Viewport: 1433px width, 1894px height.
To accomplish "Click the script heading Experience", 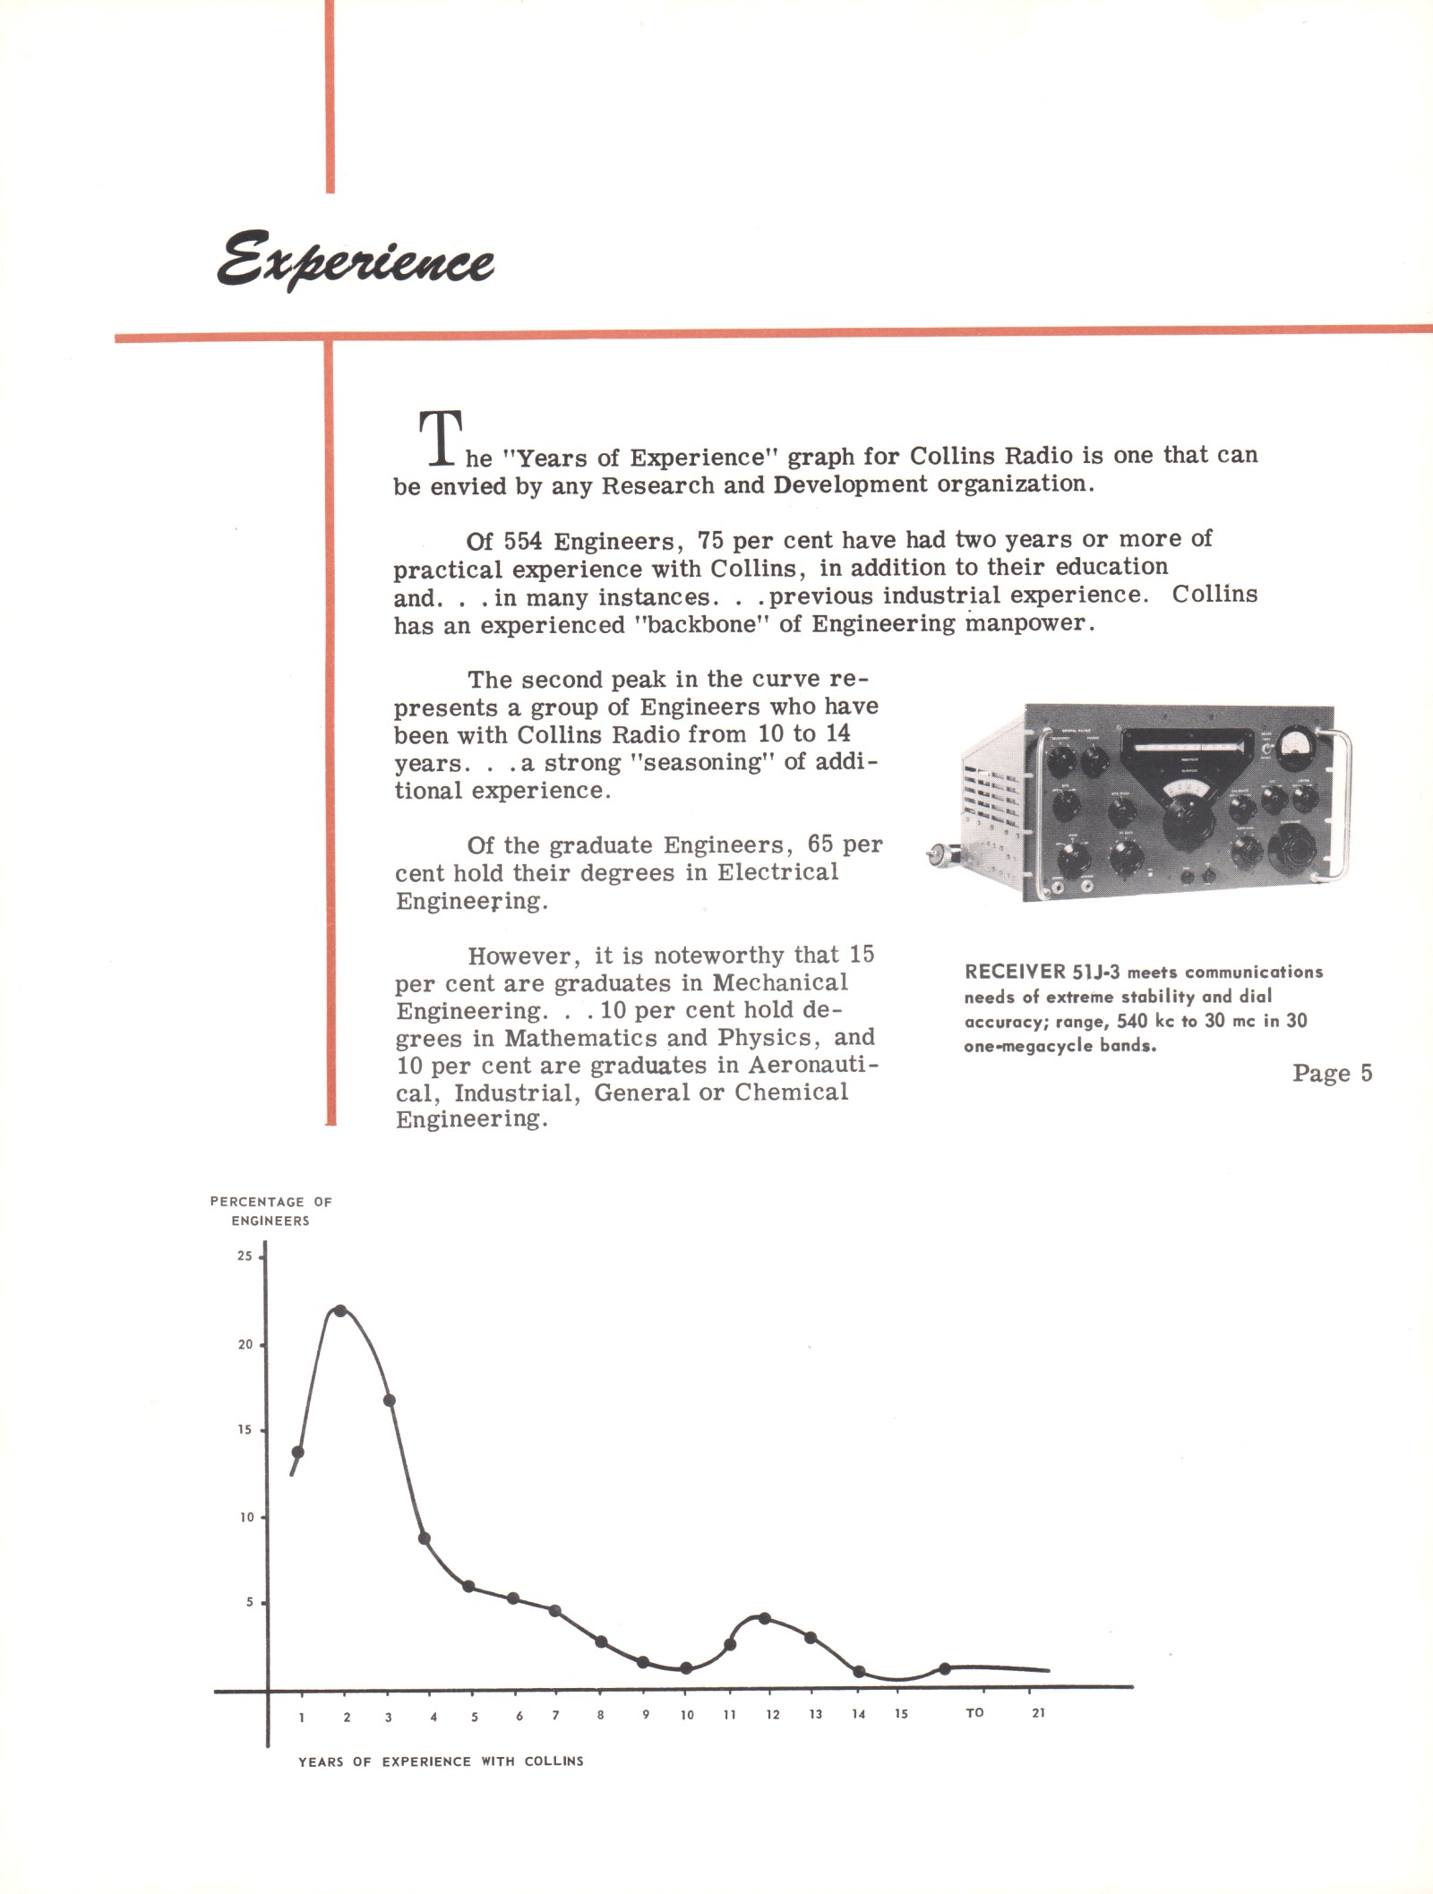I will (355, 261).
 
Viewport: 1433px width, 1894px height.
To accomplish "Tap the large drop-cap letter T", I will (441, 438).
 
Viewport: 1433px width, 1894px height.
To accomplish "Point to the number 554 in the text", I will (523, 542).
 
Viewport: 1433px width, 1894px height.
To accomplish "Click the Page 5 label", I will (1332, 1073).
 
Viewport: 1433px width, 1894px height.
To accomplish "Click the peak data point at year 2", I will (339, 1311).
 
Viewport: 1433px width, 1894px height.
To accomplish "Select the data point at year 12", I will (764, 1618).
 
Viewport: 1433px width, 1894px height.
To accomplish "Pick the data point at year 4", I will (425, 1538).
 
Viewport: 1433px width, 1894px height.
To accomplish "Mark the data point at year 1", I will (298, 1452).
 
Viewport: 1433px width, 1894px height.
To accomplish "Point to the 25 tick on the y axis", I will (245, 1256).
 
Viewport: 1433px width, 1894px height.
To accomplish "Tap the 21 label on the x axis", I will (1038, 1713).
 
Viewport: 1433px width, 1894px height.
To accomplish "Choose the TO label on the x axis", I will (974, 1713).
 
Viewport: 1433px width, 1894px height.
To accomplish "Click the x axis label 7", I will (556, 1716).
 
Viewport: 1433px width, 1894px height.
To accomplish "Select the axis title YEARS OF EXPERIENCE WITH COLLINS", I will (441, 1761).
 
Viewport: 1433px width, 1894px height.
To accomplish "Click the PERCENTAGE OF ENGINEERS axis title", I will (270, 1211).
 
